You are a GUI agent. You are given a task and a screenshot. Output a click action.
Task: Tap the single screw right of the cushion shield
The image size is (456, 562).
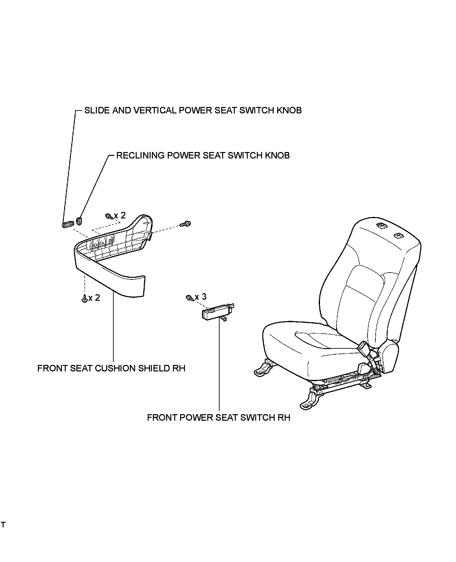coord(186,223)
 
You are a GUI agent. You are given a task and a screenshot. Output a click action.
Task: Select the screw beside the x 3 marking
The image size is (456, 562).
coord(189,298)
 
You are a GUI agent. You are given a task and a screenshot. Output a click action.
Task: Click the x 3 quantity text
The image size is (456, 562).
coord(200,297)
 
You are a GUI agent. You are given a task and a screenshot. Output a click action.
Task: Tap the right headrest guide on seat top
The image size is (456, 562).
coord(398,236)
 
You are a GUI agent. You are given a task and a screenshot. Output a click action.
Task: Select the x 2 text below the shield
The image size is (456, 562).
coord(94,298)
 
